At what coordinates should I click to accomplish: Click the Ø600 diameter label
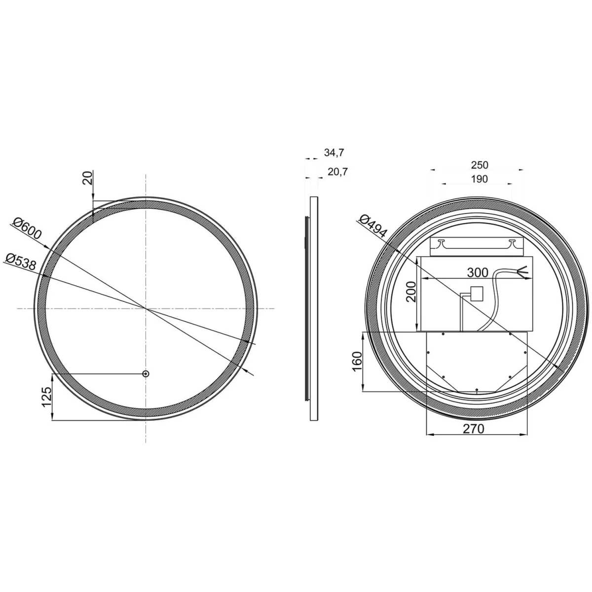[x=27, y=228]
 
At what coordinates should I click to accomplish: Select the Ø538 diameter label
[x=20, y=261]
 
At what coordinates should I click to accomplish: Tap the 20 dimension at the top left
[x=87, y=178]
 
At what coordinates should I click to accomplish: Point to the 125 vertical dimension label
[x=47, y=397]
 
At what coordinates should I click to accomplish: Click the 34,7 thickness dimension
[x=334, y=152]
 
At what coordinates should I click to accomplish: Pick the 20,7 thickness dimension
[x=337, y=172]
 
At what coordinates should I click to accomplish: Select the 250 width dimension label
[x=480, y=165]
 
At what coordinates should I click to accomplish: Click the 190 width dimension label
[x=479, y=179]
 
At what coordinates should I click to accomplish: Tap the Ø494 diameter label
[x=373, y=226]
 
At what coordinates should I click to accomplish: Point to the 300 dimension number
[x=478, y=272]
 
